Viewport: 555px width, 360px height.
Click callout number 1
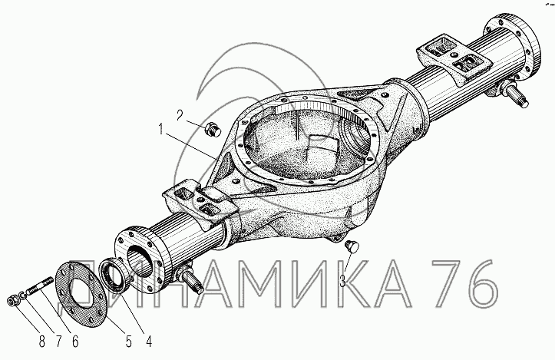pyautogui.click(x=161, y=130)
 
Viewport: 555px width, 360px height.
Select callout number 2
pyautogui.click(x=180, y=115)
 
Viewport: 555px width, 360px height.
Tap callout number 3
pyautogui.click(x=342, y=281)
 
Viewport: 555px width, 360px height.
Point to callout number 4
pyautogui.click(x=149, y=342)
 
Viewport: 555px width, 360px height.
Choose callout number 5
pyautogui.click(x=128, y=342)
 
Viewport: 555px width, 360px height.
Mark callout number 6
pyautogui.click(x=75, y=342)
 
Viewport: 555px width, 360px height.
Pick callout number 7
pyautogui.click(x=59, y=342)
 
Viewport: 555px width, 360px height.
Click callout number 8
pyautogui.click(x=41, y=342)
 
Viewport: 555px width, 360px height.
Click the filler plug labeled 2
pyautogui.click(x=213, y=129)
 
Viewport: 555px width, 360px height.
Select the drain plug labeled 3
pyautogui.click(x=352, y=246)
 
